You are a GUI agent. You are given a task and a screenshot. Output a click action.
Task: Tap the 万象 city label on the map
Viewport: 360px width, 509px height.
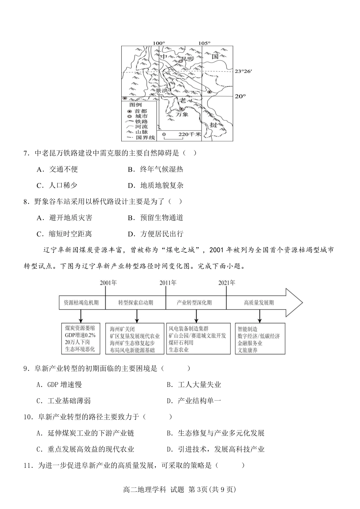click(182, 114)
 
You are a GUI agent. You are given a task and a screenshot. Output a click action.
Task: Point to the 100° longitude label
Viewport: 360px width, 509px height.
click(159, 43)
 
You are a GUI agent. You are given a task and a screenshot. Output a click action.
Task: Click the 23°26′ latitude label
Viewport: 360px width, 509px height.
click(243, 71)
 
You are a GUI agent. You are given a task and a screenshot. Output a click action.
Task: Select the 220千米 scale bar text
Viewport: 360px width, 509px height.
click(189, 134)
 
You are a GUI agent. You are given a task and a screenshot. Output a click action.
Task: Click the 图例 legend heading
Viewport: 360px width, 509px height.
click(135, 105)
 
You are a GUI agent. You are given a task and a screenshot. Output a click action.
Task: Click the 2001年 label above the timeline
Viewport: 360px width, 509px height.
click(108, 283)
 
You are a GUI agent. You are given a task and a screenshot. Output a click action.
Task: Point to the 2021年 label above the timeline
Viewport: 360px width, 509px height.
click(227, 283)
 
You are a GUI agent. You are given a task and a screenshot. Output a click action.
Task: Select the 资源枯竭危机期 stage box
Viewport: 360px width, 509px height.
click(81, 302)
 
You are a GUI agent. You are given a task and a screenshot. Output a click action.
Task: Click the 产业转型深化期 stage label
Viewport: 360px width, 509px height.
click(194, 302)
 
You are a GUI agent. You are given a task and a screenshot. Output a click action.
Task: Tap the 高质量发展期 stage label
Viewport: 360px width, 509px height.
click(259, 302)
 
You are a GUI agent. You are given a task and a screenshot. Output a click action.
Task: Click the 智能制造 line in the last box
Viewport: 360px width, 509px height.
click(247, 329)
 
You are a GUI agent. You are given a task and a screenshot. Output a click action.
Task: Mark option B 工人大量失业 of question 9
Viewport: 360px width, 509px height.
click(194, 385)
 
